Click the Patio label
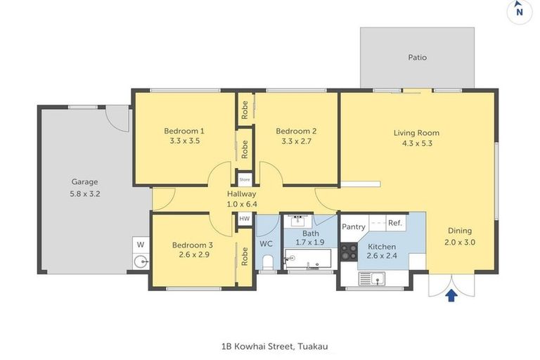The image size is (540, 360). [417, 58]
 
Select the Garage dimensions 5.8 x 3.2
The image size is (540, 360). [84, 193]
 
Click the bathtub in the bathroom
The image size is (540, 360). [308, 259]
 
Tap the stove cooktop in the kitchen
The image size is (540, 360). [349, 252]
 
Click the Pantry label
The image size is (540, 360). [353, 226]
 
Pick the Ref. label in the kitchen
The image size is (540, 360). [394, 224]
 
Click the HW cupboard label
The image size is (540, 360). [244, 219]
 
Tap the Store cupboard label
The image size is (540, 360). [244, 179]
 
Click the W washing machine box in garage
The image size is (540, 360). [141, 245]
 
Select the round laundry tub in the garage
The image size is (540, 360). [141, 263]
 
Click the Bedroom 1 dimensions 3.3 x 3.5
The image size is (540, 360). [184, 141]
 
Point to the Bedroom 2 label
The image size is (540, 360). [296, 131]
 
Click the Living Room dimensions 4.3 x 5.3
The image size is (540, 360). [416, 143]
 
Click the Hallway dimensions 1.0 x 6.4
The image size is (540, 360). [241, 204]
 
